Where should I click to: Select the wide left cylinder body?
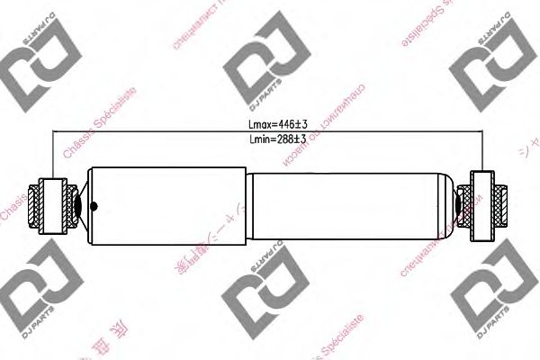(167, 203)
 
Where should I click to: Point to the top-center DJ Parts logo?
(259, 67)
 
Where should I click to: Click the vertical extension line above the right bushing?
(484, 153)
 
